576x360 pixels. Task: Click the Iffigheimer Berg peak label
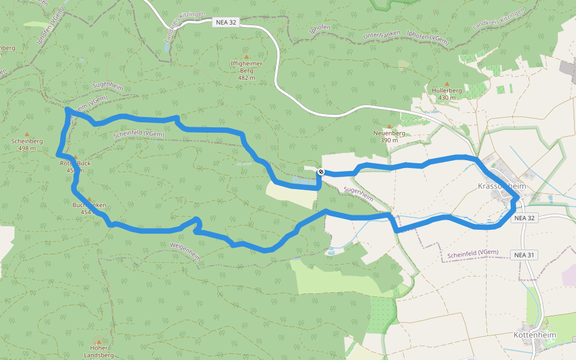click(x=247, y=70)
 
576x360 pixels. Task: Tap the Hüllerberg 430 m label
click(x=447, y=94)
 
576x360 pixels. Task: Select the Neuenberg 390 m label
click(x=389, y=136)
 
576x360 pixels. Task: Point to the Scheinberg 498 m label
click(x=27, y=145)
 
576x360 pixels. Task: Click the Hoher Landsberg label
click(x=98, y=351)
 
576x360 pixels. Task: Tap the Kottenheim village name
click(x=535, y=335)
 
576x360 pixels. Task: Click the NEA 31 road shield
click(x=524, y=255)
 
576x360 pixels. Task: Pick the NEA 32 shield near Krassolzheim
click(x=524, y=218)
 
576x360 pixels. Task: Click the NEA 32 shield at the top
click(x=226, y=22)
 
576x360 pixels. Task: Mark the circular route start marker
click(x=321, y=172)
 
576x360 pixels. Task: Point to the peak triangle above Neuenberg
click(x=389, y=126)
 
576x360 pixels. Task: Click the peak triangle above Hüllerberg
click(x=446, y=84)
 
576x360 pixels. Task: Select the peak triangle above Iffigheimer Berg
click(x=246, y=56)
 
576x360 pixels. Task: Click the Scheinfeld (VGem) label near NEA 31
click(x=473, y=254)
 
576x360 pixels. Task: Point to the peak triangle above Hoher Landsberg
click(x=98, y=341)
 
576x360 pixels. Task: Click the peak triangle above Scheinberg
click(x=26, y=134)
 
